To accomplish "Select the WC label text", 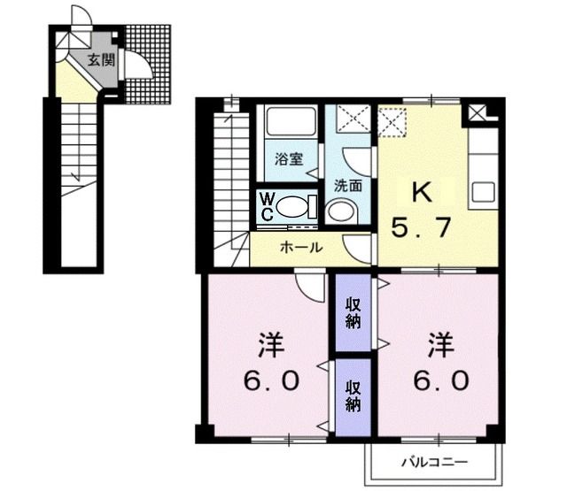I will (266, 207).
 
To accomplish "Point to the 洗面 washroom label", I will (347, 186).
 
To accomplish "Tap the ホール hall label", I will (300, 248).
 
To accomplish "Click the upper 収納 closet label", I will (353, 312).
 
